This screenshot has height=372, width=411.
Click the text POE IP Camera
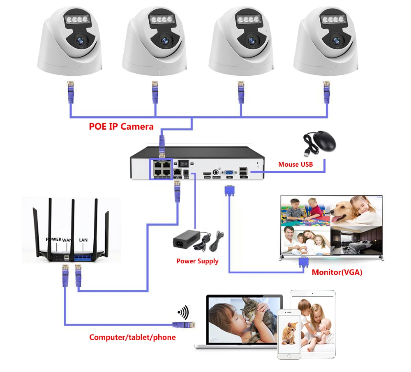coord(121,126)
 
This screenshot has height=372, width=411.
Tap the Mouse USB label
coord(295,165)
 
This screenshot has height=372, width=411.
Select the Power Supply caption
coord(197,261)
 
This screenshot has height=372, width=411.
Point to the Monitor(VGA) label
coord(337,272)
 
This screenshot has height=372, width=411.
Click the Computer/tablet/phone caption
coord(132,337)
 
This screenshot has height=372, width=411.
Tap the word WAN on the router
coord(67,239)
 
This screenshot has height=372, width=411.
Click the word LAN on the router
coord(83,239)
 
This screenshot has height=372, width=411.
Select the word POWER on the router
coord(53,239)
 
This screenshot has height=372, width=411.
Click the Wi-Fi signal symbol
coord(183,313)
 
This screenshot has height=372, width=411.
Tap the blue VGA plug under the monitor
coord(303,263)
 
